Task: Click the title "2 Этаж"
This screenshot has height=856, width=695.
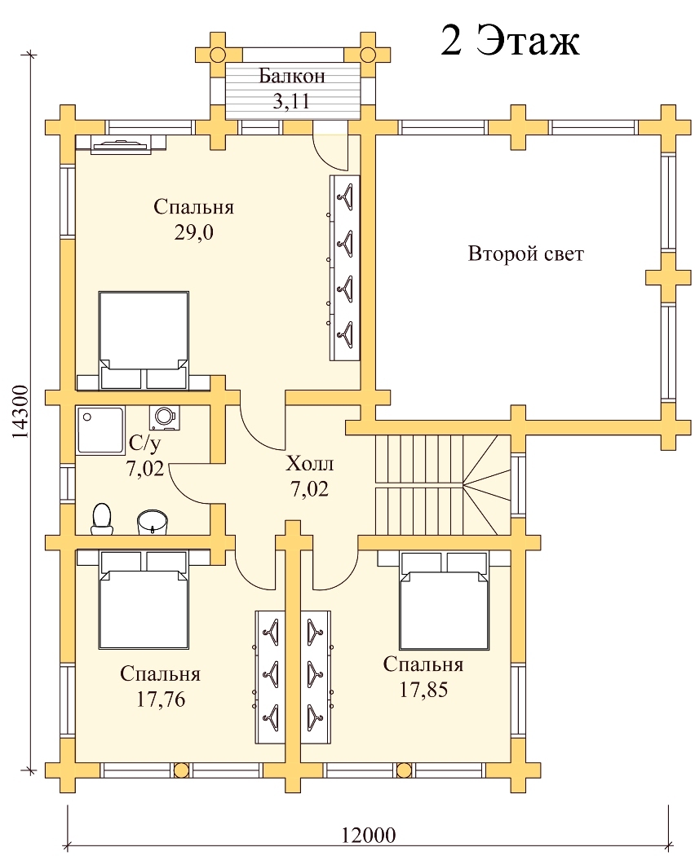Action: (x=510, y=41)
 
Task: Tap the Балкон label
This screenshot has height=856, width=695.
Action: (x=292, y=77)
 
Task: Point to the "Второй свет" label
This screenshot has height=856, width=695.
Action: (x=526, y=254)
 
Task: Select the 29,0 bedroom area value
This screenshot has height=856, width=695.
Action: (x=193, y=233)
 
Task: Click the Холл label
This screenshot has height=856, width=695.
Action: (x=310, y=465)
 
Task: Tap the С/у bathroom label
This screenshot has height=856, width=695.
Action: (x=145, y=444)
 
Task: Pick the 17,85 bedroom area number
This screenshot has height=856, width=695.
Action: (x=423, y=690)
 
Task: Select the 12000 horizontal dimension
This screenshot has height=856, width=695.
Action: (x=369, y=836)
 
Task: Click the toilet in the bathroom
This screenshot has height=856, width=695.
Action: (x=101, y=518)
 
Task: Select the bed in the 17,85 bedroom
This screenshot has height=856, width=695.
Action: (x=444, y=600)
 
